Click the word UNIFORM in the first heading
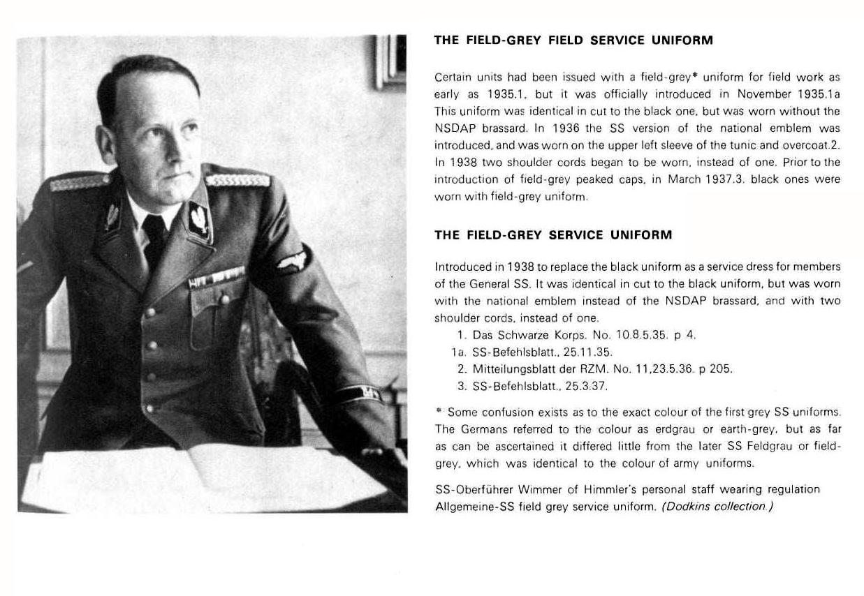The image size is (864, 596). click(682, 40)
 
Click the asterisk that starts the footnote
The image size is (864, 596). click(438, 412)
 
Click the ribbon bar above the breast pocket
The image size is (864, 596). click(216, 278)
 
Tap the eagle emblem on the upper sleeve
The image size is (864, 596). click(292, 260)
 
